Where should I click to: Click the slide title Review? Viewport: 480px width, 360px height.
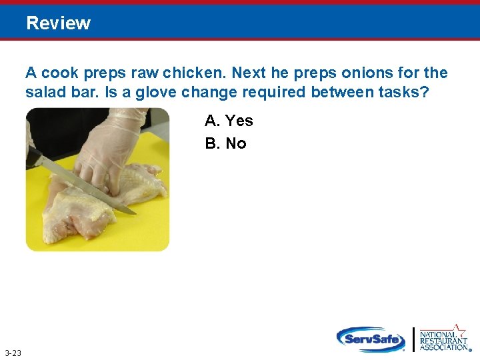[x=59, y=23]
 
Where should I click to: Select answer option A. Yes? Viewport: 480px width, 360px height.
[x=229, y=121]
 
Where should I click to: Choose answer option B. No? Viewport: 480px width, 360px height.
[x=226, y=143]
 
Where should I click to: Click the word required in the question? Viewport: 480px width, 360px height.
[x=275, y=92]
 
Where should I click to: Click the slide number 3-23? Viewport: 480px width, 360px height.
[x=12, y=353]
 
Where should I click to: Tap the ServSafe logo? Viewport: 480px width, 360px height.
[x=371, y=339]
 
